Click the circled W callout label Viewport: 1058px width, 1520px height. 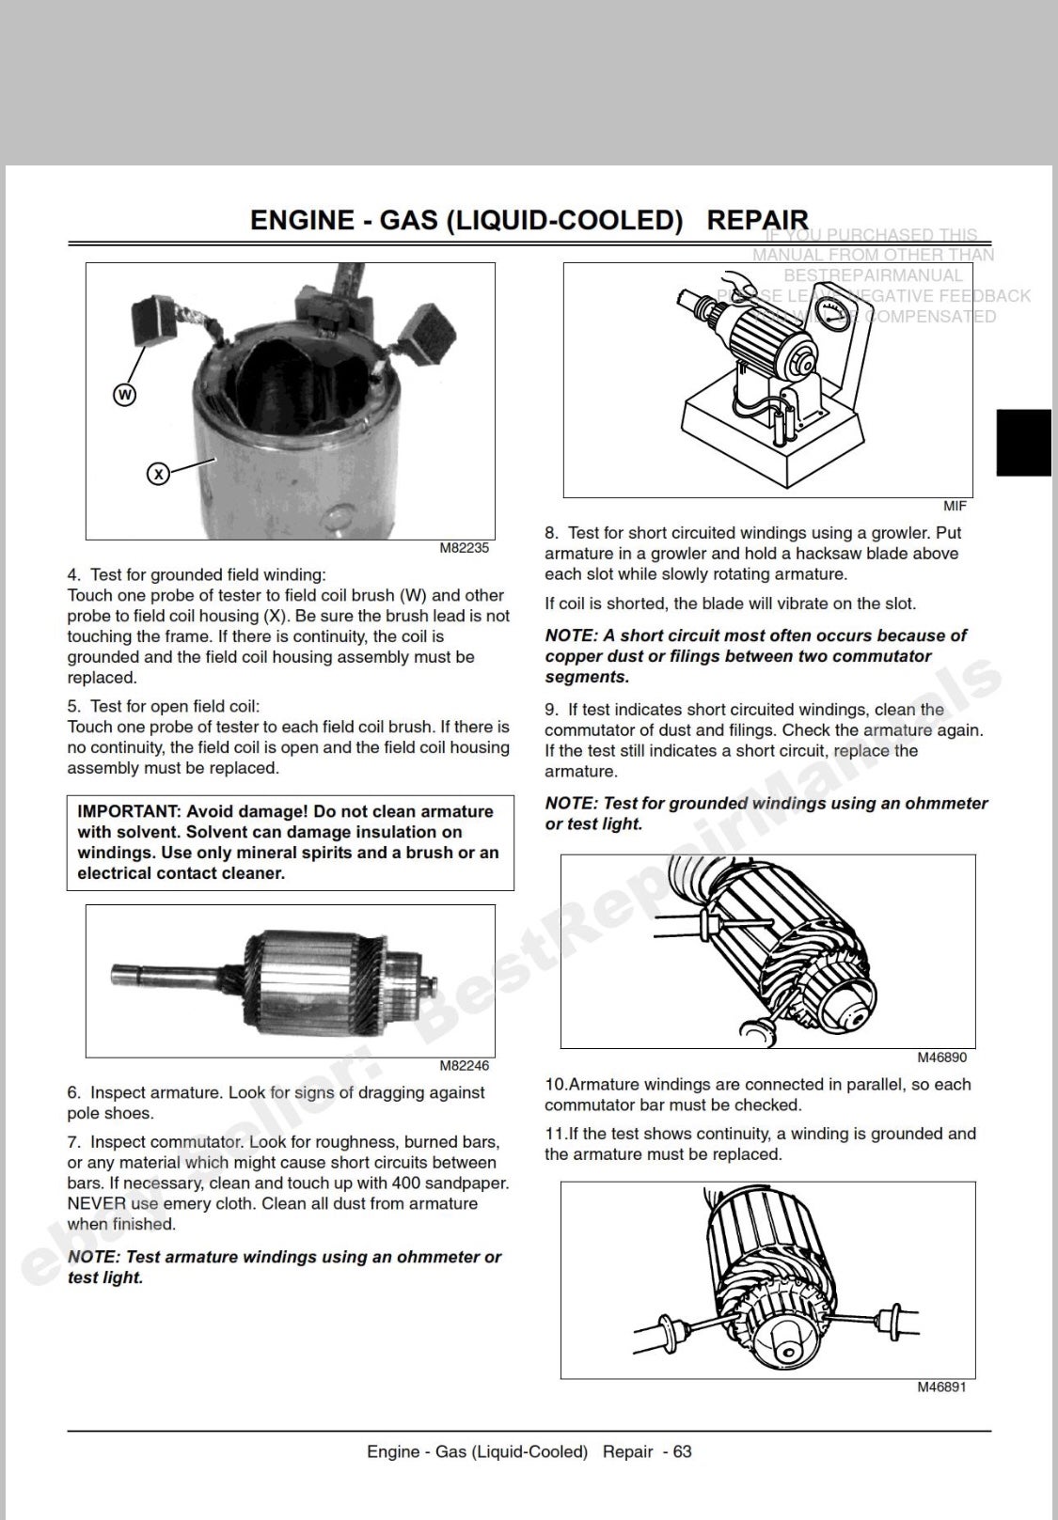[x=124, y=395]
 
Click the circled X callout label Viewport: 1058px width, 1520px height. [x=158, y=474]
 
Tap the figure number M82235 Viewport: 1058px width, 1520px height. [x=464, y=548]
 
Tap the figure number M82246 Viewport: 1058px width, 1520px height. [x=464, y=1066]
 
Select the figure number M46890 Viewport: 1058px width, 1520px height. [x=941, y=1058]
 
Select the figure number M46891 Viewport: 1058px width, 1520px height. [x=941, y=1387]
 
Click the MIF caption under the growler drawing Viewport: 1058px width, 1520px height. [x=954, y=506]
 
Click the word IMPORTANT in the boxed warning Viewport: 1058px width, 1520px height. [x=128, y=811]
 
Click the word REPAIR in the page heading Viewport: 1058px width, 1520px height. [x=757, y=220]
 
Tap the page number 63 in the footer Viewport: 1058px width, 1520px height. [x=682, y=1451]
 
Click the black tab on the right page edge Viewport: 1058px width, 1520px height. [x=1023, y=443]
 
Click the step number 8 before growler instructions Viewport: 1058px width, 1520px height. [x=550, y=533]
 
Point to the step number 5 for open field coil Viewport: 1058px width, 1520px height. [x=72, y=707]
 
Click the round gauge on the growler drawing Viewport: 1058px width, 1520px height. [x=831, y=315]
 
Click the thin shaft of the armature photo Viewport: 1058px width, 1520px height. [x=169, y=971]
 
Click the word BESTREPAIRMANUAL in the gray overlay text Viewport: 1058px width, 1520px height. [x=873, y=275]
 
